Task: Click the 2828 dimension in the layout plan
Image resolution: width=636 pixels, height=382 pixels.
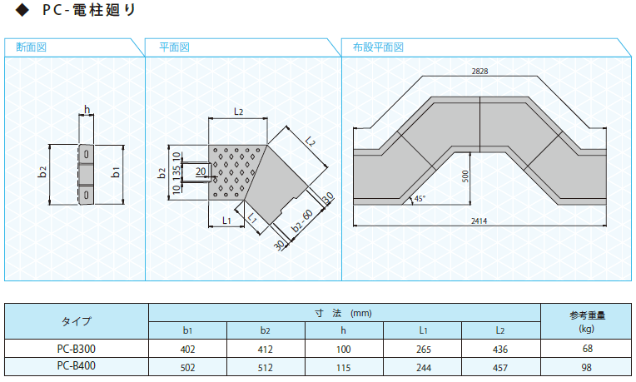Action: tap(479, 72)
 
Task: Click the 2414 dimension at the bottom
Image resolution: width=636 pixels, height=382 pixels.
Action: tap(479, 221)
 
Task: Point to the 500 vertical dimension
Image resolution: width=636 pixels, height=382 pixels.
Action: tap(465, 176)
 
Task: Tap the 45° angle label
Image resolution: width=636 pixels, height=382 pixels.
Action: tap(420, 199)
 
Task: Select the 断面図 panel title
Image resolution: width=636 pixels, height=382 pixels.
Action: tap(32, 47)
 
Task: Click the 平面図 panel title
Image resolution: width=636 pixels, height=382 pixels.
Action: tap(174, 47)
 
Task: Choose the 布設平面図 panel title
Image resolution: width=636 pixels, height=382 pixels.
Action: tap(378, 47)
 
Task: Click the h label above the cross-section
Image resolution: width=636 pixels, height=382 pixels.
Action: tap(87, 110)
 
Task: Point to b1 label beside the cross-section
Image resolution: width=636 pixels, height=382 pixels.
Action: tap(116, 172)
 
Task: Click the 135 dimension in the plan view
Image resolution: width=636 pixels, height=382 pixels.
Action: tap(176, 173)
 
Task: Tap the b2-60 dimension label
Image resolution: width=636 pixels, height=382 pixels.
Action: tap(302, 221)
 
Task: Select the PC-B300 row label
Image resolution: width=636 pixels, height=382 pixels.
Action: tap(77, 349)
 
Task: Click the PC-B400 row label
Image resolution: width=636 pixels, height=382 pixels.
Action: tap(77, 366)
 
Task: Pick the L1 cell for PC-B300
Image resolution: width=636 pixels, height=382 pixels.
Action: tap(424, 350)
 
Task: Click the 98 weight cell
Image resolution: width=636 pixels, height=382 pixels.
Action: tap(587, 367)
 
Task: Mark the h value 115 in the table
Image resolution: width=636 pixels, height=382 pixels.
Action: tap(343, 368)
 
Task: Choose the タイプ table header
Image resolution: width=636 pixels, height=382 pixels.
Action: tap(77, 321)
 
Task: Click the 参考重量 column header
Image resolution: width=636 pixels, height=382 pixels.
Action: tap(587, 315)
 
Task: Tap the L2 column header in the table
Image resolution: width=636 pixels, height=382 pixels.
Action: tap(500, 330)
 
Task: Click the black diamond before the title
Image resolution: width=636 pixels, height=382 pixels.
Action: tap(22, 10)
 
